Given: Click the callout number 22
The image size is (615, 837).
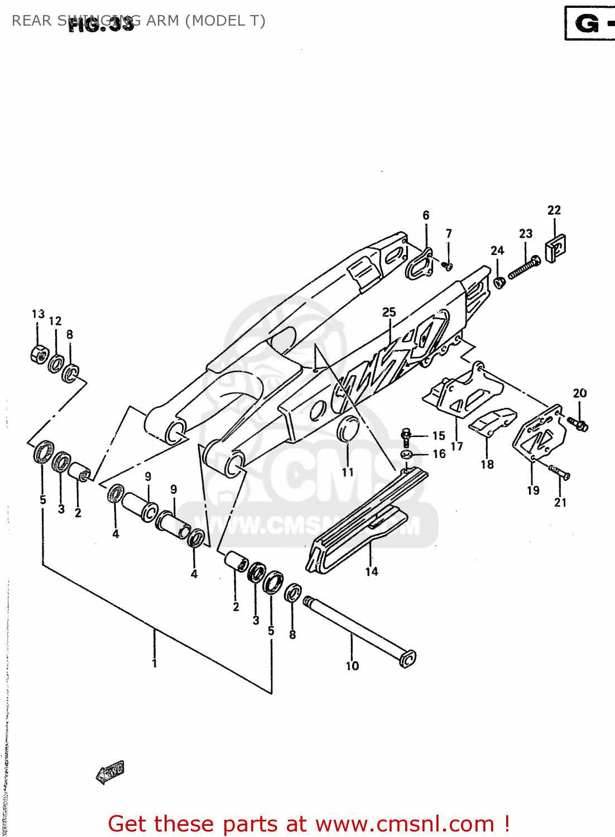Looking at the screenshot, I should pos(554,210).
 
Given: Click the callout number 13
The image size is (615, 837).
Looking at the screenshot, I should pos(38,314).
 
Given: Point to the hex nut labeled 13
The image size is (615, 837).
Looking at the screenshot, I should pos(39,354).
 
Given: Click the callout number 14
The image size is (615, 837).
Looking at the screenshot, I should pos(372,571).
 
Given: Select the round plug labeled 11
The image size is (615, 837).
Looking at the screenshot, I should pos(348,429).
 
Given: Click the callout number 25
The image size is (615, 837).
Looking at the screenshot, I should pos(389,312).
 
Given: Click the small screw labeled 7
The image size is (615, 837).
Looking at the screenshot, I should pos(448,266).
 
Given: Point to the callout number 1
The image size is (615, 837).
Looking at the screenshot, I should pos(155,663).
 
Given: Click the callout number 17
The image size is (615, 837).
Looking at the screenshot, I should pos(457,446).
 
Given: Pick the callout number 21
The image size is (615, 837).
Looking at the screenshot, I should pos(560,502).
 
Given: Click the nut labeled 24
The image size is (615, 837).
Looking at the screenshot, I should pos(499,282).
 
